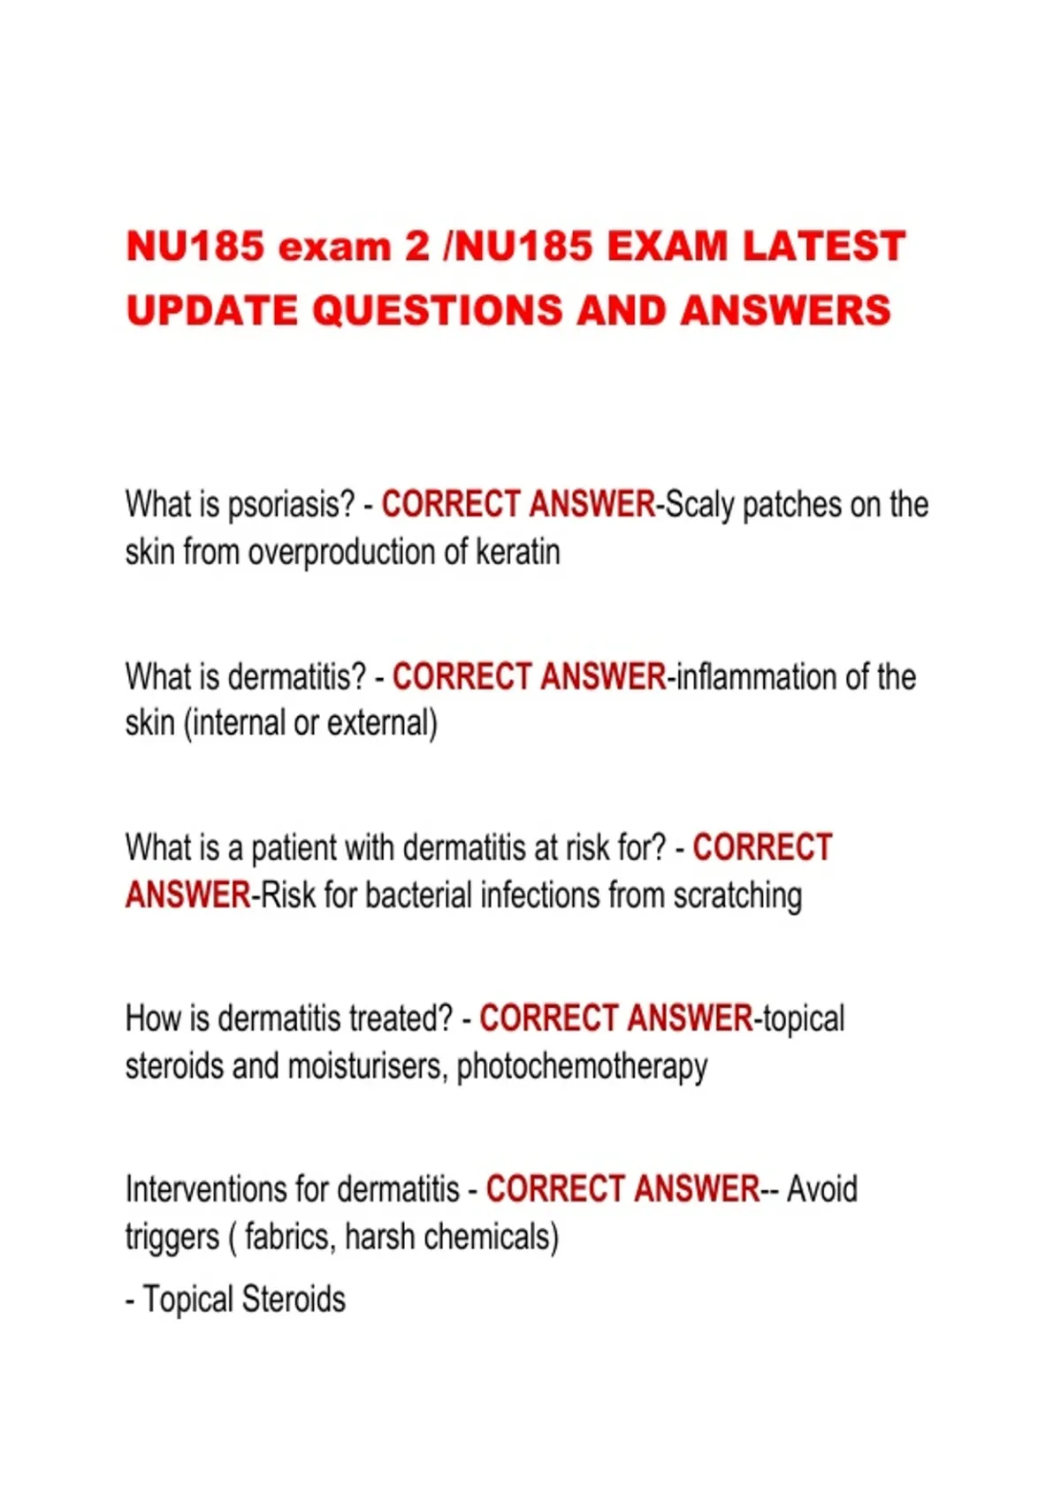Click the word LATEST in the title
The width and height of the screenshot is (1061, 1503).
[x=824, y=247]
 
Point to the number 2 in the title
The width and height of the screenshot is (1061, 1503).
[x=417, y=247]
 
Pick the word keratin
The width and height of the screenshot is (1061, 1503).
[x=518, y=553]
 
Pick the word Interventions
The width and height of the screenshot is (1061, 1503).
[x=225, y=1190]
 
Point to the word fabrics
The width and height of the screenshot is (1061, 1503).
[x=289, y=1237]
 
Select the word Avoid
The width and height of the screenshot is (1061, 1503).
[x=822, y=1190]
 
